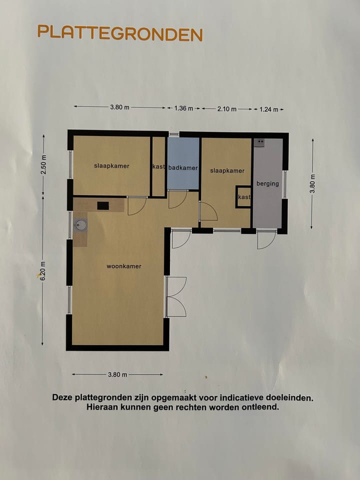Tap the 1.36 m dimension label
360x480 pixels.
pos(183,108)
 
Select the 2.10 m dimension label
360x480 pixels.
pos(226,108)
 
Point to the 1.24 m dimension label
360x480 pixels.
pos(268,109)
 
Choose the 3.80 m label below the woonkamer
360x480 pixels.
pos(117,374)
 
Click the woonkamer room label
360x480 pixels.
pos(123,266)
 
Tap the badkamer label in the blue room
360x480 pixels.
pos(183,168)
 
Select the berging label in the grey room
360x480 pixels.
pos(267,183)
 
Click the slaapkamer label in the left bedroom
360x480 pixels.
pos(111,166)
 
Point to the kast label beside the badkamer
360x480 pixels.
pos(158,166)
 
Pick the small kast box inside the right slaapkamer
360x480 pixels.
pos(243,197)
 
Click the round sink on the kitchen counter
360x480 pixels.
pos(80,225)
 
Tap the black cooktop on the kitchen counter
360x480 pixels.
pos(103,205)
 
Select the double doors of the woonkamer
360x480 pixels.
pos(176,296)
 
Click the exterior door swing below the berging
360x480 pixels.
pos(265,239)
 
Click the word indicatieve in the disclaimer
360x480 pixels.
pos(236,398)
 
